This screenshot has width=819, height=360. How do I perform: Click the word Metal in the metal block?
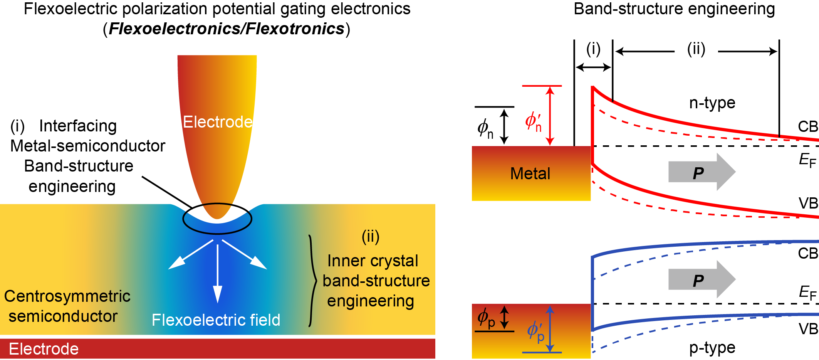tap(530, 173)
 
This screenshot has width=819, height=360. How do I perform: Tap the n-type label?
tap(712, 103)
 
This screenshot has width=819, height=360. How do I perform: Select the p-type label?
tap(712, 348)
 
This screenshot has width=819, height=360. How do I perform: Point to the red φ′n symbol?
tap(534, 122)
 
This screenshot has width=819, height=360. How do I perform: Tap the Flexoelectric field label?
tap(216, 320)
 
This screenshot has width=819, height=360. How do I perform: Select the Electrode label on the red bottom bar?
tap(44, 349)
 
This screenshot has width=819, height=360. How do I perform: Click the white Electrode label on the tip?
tap(218, 122)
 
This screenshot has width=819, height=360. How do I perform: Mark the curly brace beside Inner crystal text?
tap(312, 281)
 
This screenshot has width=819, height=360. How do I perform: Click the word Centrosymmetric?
tap(67, 296)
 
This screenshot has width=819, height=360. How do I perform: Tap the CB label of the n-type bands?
tap(807, 126)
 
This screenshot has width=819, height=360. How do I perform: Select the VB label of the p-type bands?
tap(808, 329)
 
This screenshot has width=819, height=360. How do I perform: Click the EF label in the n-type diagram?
tap(807, 160)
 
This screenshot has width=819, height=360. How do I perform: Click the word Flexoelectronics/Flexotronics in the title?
tap(227, 29)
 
